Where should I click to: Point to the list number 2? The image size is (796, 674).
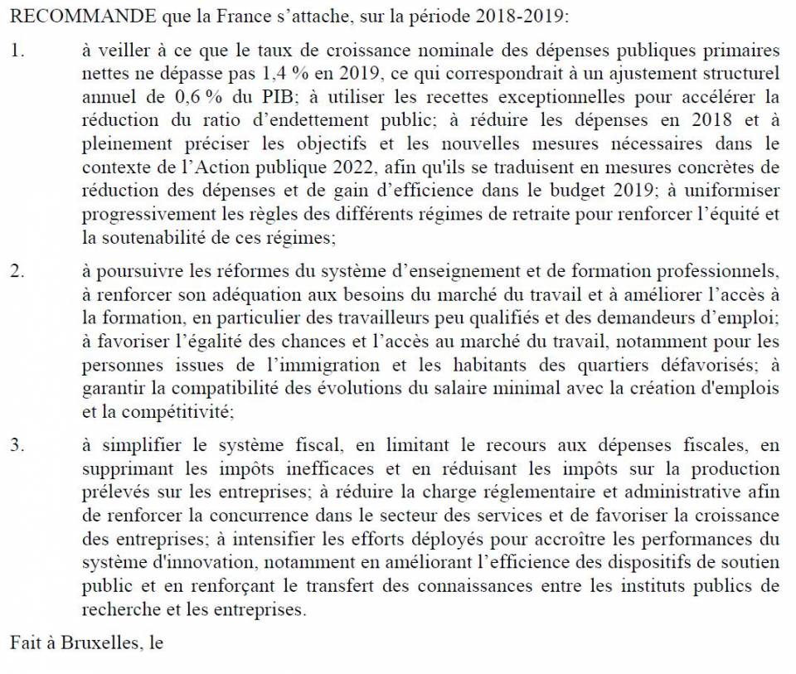(17, 272)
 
